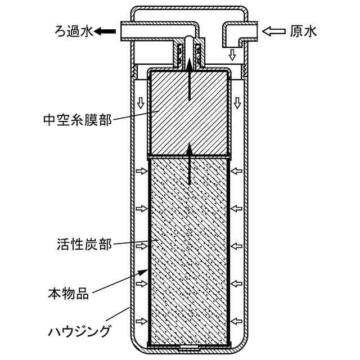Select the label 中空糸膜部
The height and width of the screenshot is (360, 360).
point(77,119)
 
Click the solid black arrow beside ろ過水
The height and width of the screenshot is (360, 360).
point(104,31)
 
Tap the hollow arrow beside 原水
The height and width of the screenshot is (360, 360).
point(274,31)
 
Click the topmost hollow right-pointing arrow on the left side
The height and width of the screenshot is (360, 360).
point(141,170)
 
